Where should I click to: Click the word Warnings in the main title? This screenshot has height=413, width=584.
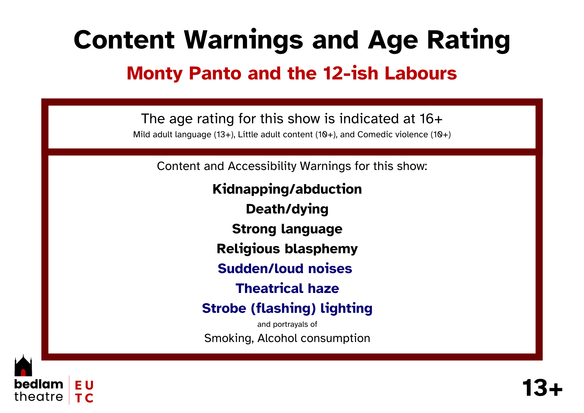pos(244,40)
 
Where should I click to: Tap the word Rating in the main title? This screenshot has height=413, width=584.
pos(468,40)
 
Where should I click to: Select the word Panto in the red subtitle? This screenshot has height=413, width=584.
pos(215,73)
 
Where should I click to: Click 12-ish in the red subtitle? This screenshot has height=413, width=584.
pos(350,73)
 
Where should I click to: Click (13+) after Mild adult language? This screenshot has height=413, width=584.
pos(224,134)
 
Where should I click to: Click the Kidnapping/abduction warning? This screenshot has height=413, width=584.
pos(287,189)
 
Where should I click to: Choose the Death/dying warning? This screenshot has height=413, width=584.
pos(287,209)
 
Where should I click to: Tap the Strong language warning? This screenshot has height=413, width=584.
pos(287,229)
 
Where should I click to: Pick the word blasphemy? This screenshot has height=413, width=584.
pos(321,249)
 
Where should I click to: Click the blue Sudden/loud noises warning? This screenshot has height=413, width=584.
pos(285,269)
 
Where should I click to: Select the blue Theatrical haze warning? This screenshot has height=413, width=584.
pos(287,289)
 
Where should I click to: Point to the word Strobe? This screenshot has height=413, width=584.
pos(224,308)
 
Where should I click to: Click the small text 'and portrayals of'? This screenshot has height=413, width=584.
pos(287,324)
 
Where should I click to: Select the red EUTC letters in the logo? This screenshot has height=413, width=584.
pos(84,392)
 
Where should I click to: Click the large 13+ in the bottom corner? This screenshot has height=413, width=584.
pos(542,388)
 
